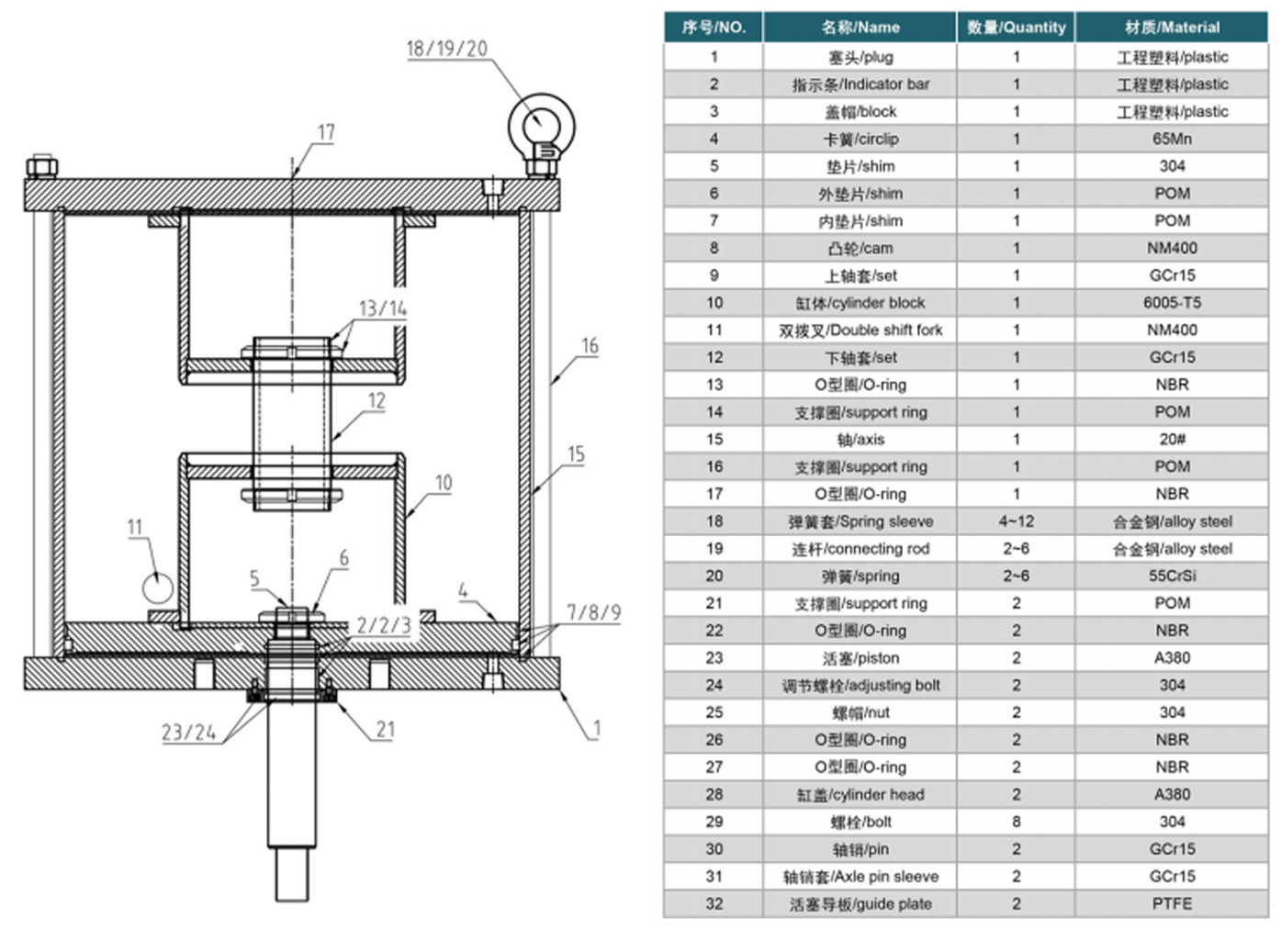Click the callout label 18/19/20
446,49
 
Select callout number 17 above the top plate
325,132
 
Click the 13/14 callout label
383,308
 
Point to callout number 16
590,346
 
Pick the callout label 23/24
189,732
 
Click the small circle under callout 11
157,588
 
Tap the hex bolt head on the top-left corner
41,166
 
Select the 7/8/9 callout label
593,613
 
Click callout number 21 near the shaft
385,729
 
